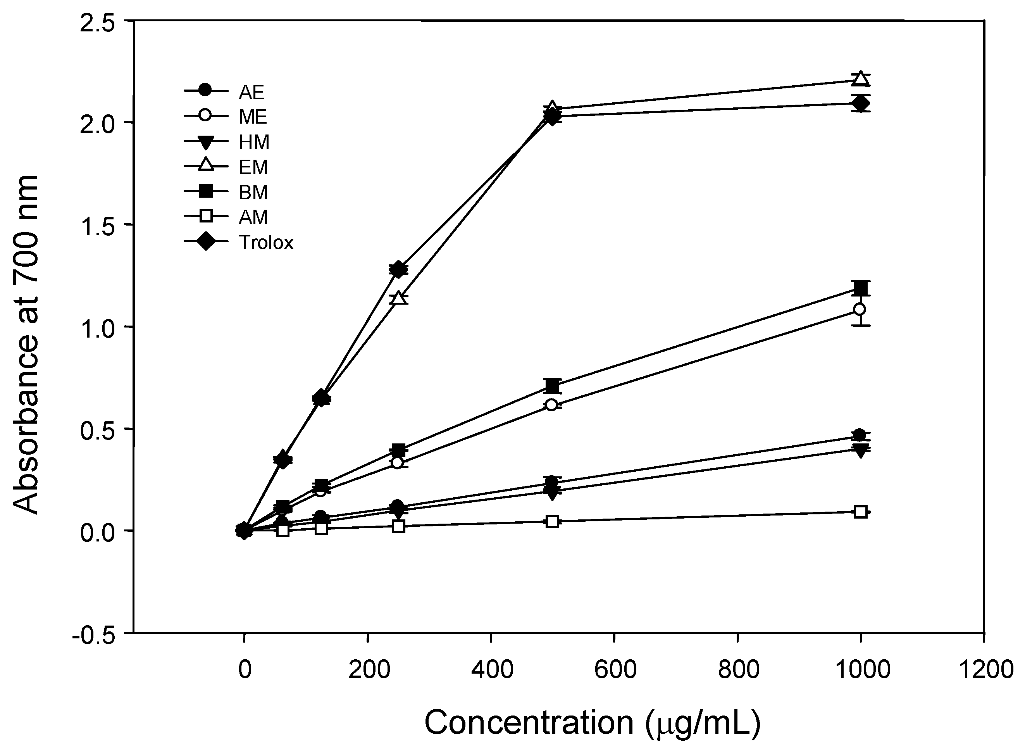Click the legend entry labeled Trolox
(x=266, y=243)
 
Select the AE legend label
(x=252, y=92)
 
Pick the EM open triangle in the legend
(x=206, y=166)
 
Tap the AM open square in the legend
(x=206, y=217)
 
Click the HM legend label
(x=254, y=143)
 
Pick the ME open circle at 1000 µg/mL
(x=859, y=310)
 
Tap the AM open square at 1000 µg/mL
(x=861, y=512)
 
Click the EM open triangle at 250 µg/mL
(x=398, y=298)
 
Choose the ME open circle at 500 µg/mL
(x=551, y=405)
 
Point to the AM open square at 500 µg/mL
(x=552, y=521)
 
